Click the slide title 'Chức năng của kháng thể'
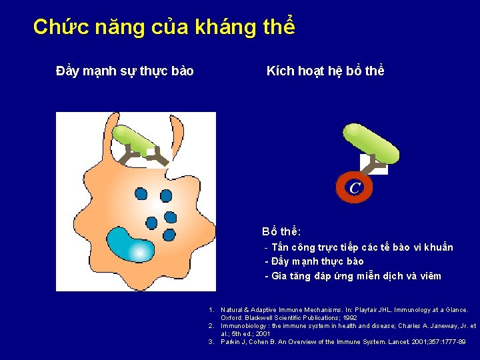(164, 27)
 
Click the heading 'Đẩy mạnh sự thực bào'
(125, 71)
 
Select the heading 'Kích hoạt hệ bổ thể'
(325, 71)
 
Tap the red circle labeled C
(354, 188)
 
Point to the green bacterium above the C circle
(371, 144)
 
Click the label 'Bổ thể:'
(281, 232)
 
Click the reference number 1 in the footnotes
(211, 310)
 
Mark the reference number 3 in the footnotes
(211, 342)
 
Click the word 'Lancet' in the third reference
(387, 342)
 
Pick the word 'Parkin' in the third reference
(231, 342)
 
